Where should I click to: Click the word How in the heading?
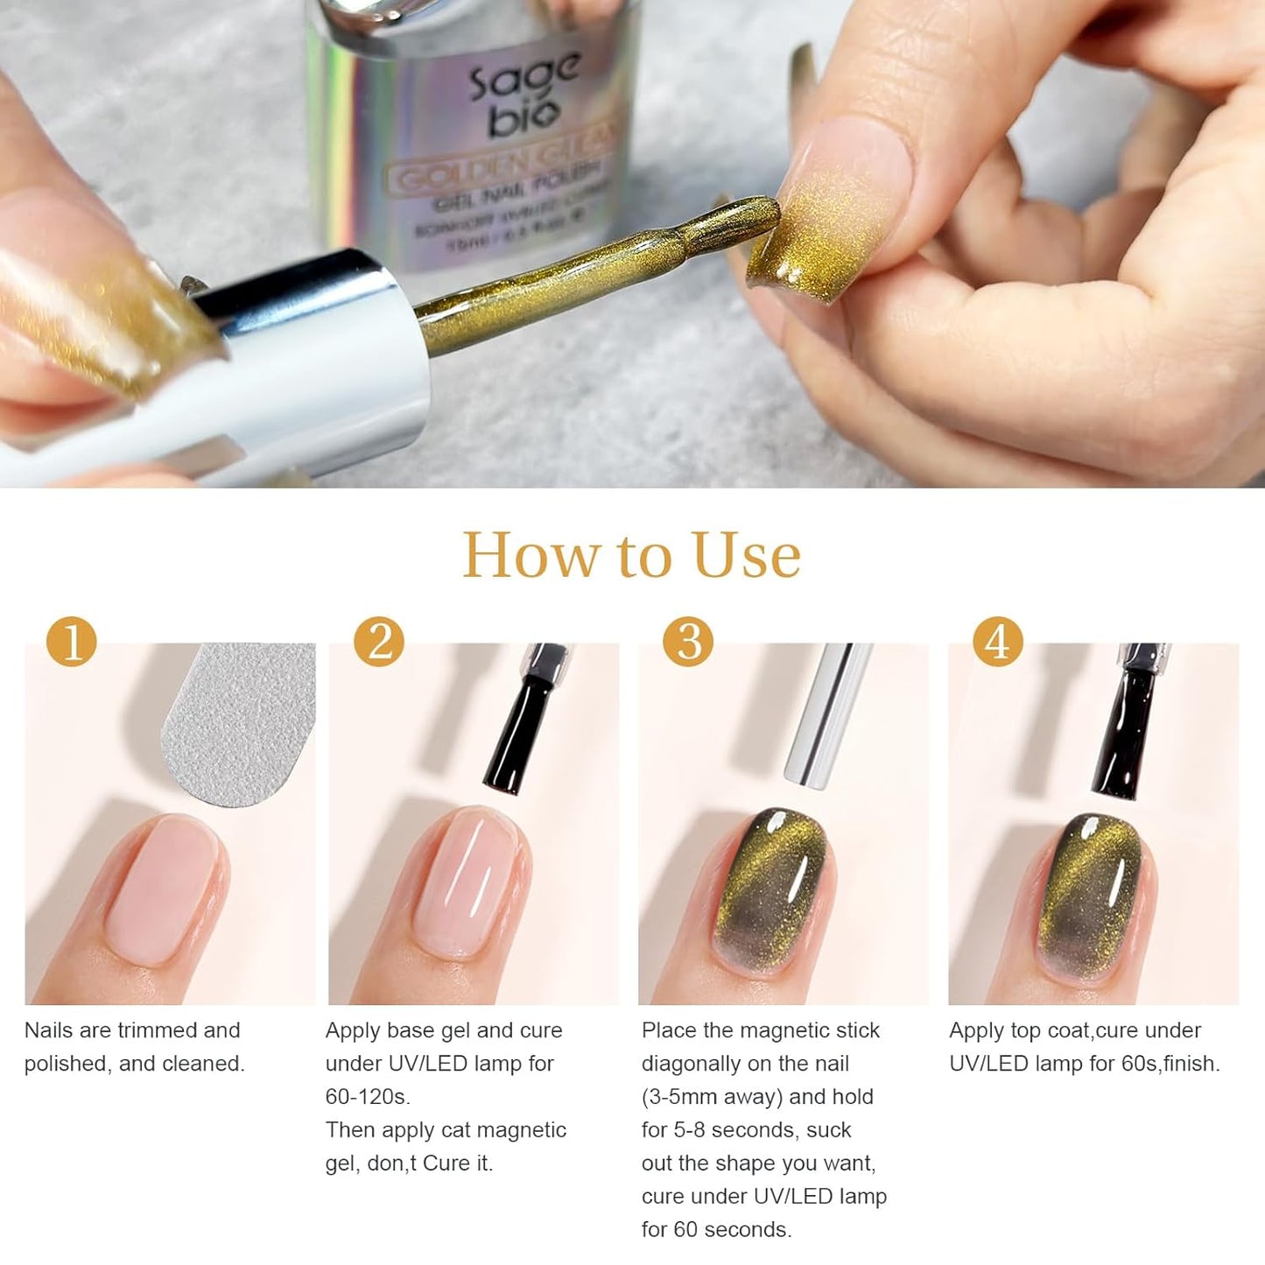tap(529, 556)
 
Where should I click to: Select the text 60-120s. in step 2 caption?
tap(368, 1097)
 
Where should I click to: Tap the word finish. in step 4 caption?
tap(1191, 1064)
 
